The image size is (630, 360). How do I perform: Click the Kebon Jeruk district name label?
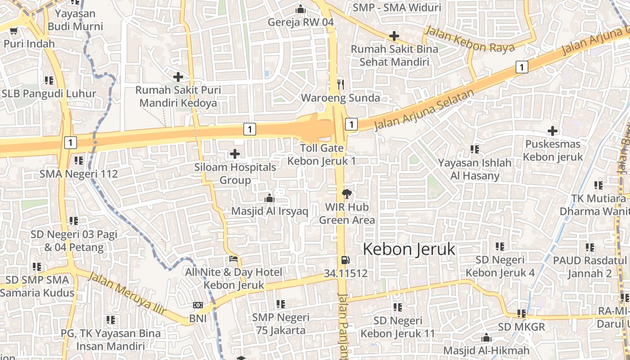409,249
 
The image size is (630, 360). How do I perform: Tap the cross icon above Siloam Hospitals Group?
235,154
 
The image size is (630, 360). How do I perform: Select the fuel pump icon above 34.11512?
345,260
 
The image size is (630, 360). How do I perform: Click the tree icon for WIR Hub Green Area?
346,194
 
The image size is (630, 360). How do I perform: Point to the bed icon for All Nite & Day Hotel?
234,259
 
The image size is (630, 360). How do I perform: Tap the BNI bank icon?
198,305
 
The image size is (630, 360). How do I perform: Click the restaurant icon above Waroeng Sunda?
341,84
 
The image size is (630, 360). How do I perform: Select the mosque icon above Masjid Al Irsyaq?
269,198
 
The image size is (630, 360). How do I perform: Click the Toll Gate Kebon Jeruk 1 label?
322,154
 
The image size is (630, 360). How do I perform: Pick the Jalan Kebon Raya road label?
469,40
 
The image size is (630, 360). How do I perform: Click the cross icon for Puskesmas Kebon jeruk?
552,131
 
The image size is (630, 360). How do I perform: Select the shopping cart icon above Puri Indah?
13,31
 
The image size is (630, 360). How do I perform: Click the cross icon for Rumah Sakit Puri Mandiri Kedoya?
178,77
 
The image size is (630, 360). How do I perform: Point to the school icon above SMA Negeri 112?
79,160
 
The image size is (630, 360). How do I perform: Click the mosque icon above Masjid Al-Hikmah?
486,337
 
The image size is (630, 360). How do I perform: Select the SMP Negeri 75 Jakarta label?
280,324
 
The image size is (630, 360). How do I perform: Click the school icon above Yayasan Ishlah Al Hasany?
474,149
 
